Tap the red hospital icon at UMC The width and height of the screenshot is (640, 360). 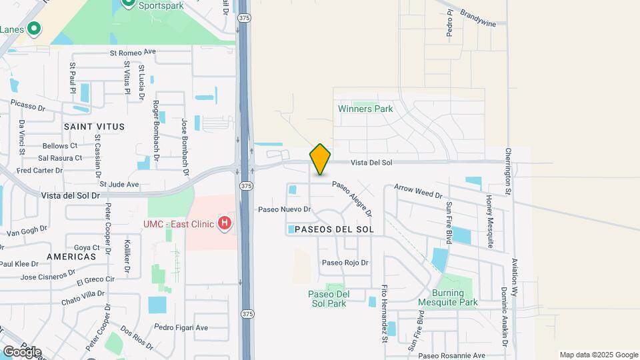[225, 223]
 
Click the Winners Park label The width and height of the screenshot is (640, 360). [365, 109]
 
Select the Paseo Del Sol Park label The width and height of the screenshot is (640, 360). [328, 299]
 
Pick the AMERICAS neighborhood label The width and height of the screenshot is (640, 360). [71, 256]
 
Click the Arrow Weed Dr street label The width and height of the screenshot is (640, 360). [418, 191]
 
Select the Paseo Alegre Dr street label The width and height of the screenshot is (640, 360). [351, 199]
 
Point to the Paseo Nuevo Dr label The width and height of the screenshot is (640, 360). [285, 209]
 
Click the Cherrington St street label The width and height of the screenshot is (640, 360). [508, 171]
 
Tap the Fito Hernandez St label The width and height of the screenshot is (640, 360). [385, 313]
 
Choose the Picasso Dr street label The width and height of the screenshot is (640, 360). [28, 104]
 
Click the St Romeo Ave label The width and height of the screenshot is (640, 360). [132, 51]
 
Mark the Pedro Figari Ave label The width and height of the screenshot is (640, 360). [181, 327]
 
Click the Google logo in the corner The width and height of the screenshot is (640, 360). [21, 351]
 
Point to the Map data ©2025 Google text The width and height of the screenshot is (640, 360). [598, 355]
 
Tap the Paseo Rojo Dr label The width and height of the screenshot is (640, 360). [345, 263]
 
